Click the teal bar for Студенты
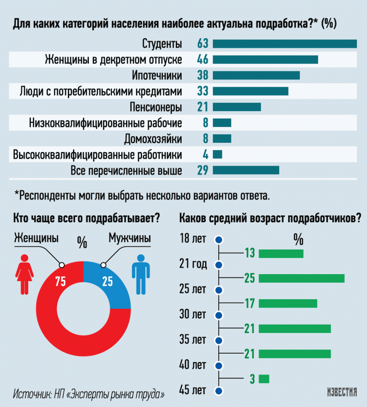285,44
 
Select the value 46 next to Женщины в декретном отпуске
203,60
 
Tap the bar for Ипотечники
256,76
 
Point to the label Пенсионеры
156,107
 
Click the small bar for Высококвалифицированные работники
217,155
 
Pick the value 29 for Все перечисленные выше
203,170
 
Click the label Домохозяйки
153,139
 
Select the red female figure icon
24,274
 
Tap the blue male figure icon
141,274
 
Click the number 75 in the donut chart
61,281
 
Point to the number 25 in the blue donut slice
108,281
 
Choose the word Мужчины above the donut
130,238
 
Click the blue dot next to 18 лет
219,240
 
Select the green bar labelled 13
281,254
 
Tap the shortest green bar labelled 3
264,379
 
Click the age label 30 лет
192,314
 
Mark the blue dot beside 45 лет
219,391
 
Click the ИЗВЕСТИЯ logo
342,392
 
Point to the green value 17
250,303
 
